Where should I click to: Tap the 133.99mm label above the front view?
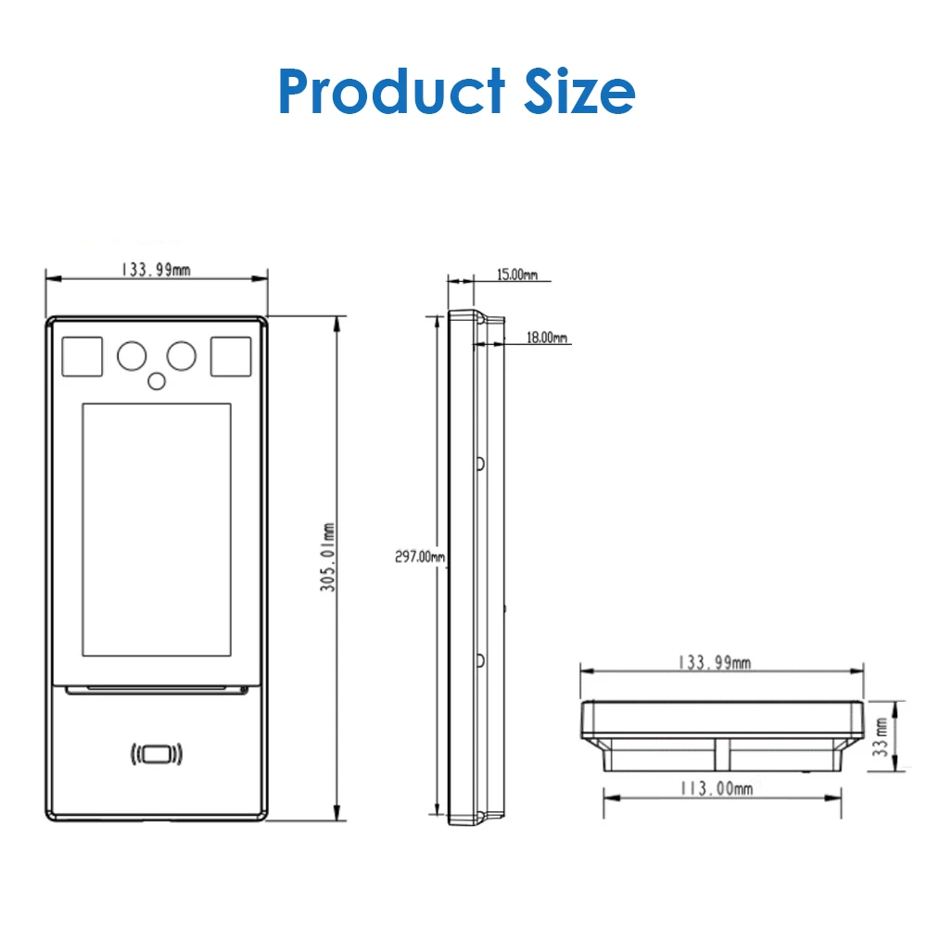[x=155, y=270]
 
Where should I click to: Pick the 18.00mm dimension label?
[x=547, y=338]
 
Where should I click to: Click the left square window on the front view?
[x=82, y=358]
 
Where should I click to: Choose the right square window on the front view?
[x=231, y=358]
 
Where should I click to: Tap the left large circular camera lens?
[x=130, y=355]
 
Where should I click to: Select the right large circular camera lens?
[x=181, y=355]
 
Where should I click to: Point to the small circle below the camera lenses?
[x=157, y=379]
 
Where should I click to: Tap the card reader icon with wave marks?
[x=156, y=755]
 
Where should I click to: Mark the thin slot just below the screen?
[x=156, y=690]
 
